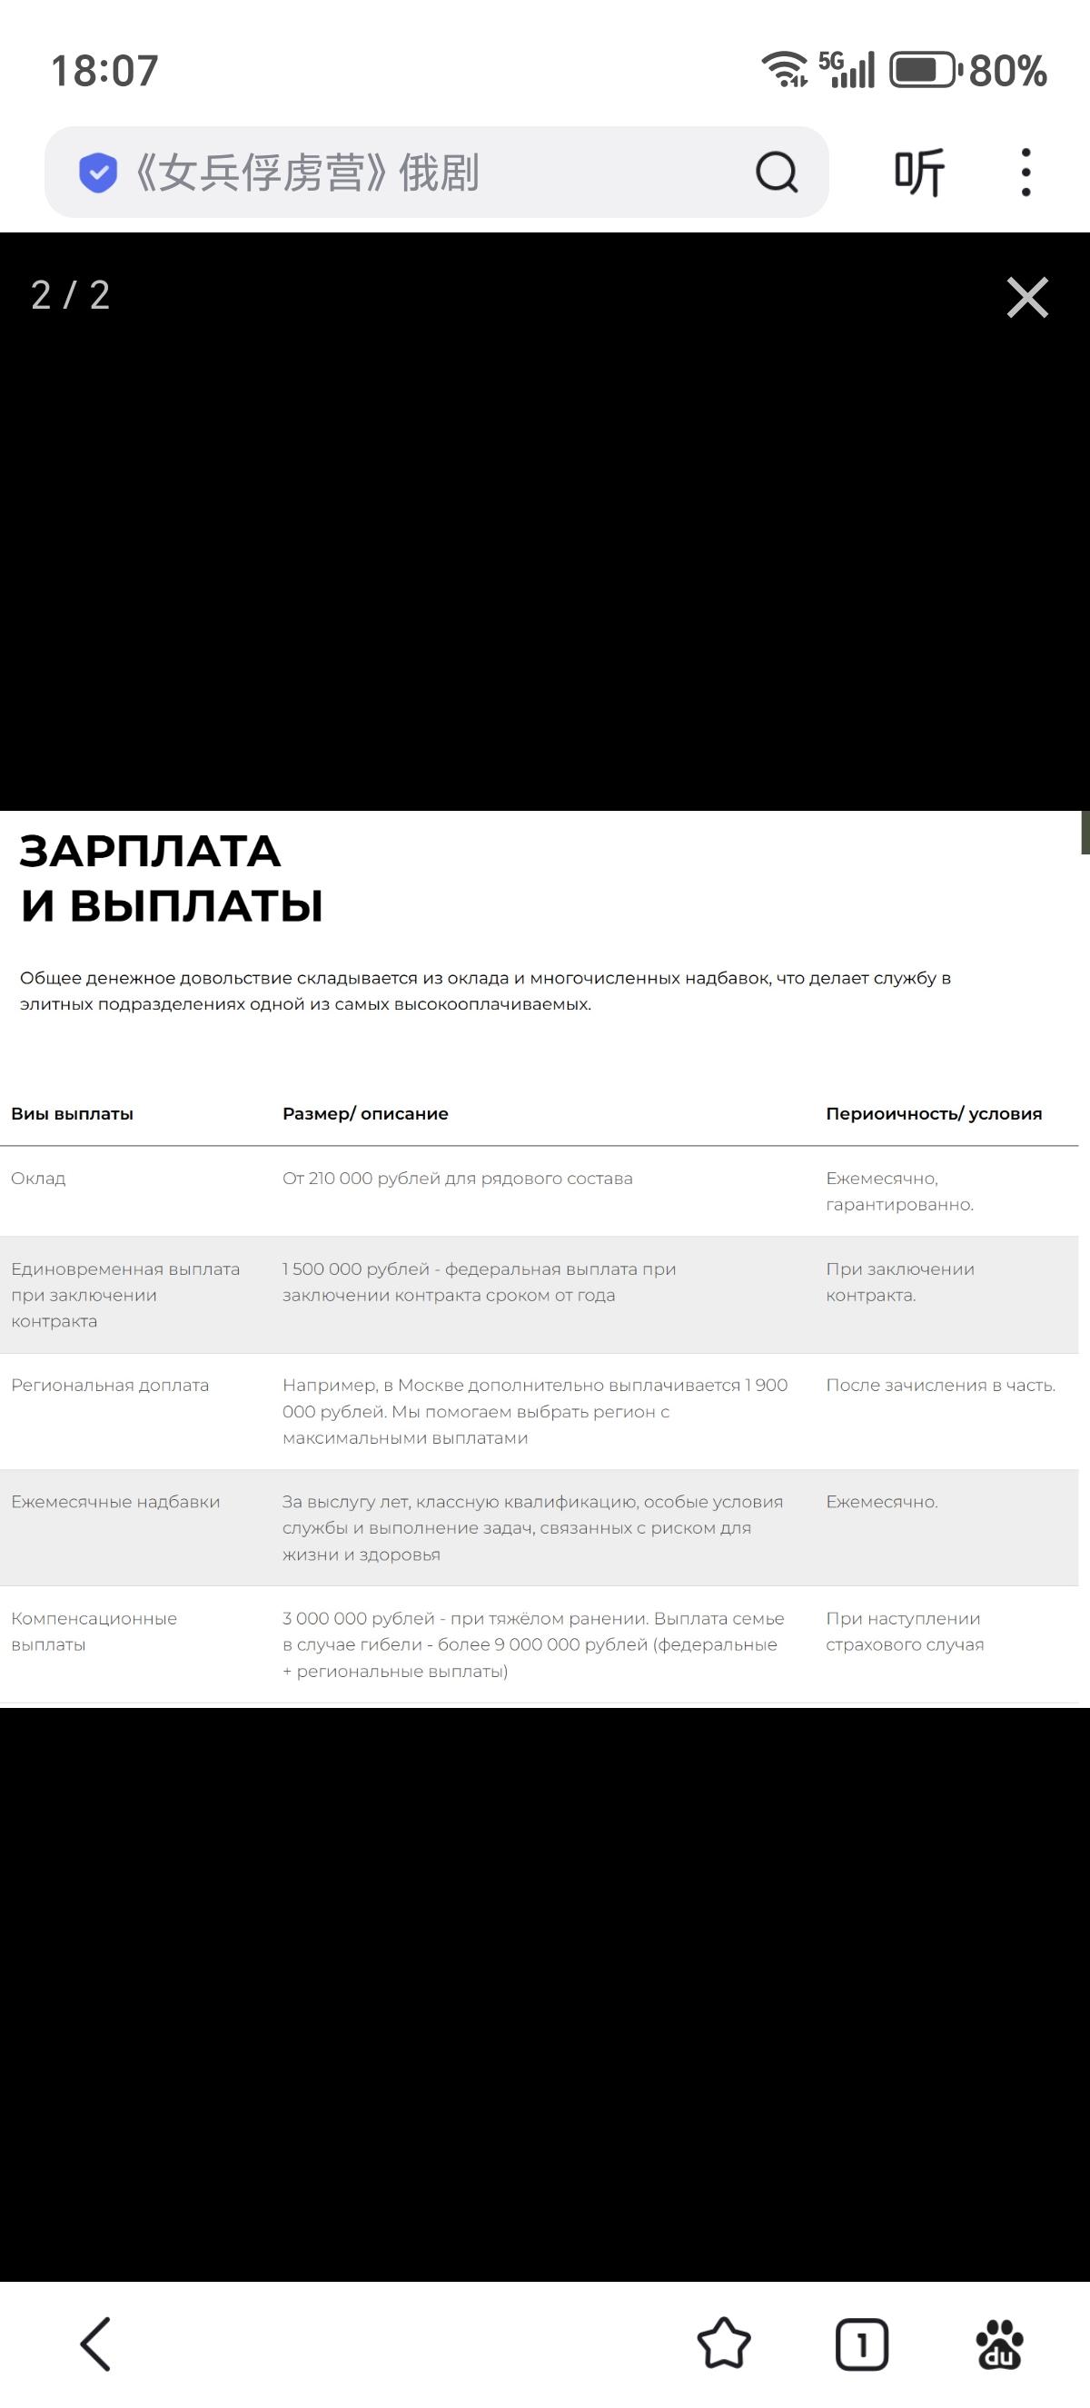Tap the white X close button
pos(1027,297)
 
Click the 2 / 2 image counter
pos(71,295)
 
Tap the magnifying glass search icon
pos(776,172)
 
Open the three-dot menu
pos(1026,172)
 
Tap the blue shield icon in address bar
pos(97,172)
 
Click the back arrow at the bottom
pos(95,2344)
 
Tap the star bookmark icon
pos(724,2344)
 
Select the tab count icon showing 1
pos(861,2344)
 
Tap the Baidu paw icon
pos(999,2344)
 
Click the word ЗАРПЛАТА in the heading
pos(151,852)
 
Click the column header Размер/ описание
pos(365,1113)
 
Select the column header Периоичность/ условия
pos(933,1113)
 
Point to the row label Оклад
pos(38,1178)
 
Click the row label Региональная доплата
pos(110,1385)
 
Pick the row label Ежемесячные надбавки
pos(116,1501)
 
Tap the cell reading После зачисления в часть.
pos(940,1385)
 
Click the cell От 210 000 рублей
pos(457,1178)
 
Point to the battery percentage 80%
pos(1007,71)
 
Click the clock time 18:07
pos(104,71)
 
